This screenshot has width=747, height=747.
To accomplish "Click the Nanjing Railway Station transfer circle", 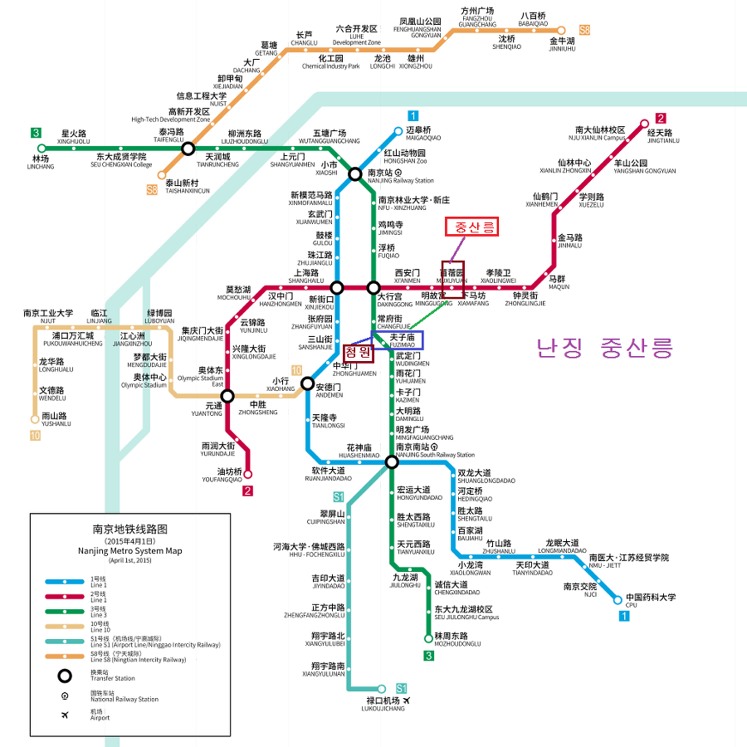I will click(x=355, y=174).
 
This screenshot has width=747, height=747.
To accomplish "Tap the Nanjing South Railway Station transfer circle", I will click(x=392, y=461).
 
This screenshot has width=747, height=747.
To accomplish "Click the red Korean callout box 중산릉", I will click(x=471, y=227).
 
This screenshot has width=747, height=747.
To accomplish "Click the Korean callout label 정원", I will click(x=359, y=352).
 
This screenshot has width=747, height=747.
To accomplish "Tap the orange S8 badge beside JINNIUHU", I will click(x=585, y=30).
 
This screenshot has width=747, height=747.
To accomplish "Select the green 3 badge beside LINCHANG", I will click(x=37, y=133).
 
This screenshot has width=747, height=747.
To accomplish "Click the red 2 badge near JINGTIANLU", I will click(x=661, y=118).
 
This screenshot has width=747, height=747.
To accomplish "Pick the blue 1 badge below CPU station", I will click(x=623, y=616).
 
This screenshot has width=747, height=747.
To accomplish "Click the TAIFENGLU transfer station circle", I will click(x=188, y=149).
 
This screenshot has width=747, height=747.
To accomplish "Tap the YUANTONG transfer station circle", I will click(x=227, y=396).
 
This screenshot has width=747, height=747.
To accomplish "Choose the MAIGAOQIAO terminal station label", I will click(x=423, y=134).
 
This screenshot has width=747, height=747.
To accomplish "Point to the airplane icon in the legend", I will click(x=65, y=715).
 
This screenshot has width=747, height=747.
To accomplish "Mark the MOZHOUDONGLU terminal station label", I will click(x=457, y=639).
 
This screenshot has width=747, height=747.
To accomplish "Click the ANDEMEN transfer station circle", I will click(x=308, y=383).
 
